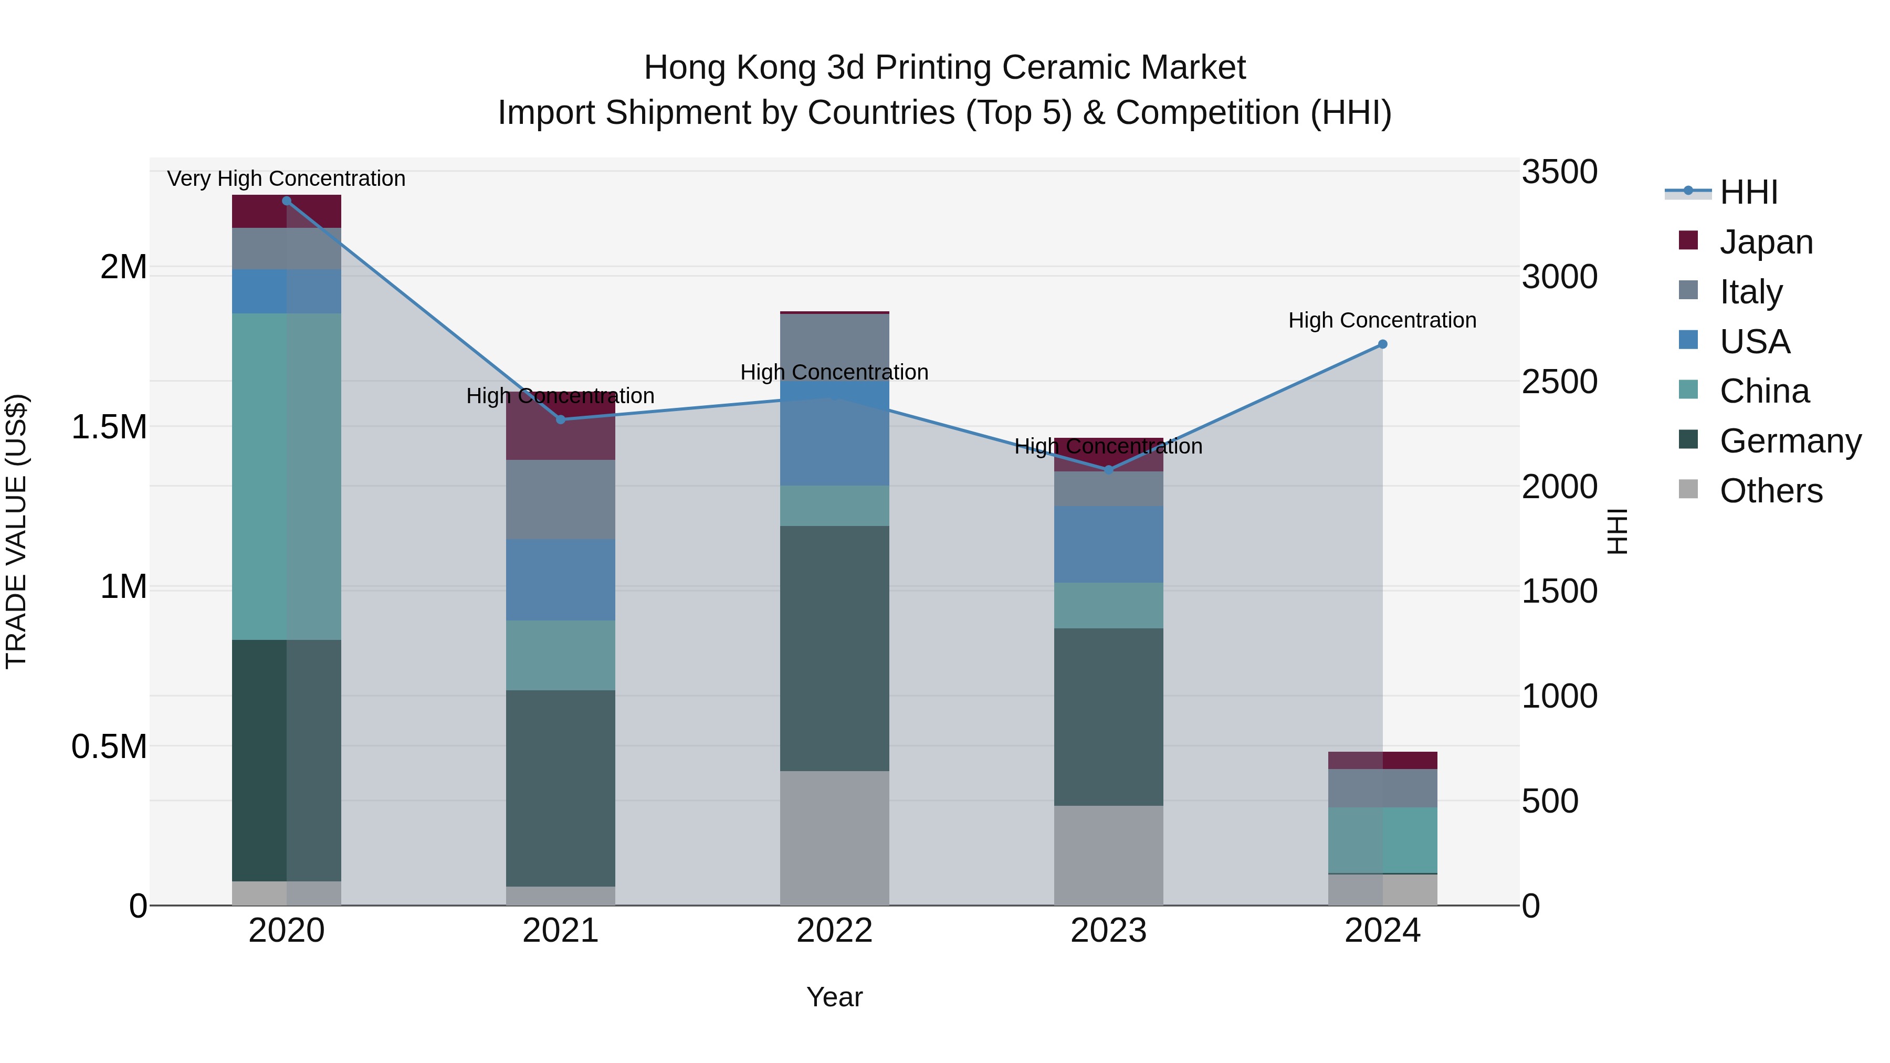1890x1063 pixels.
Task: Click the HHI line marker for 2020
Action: (x=286, y=201)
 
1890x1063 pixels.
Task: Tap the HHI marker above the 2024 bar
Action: (x=1382, y=344)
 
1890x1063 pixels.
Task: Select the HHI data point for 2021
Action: (x=561, y=419)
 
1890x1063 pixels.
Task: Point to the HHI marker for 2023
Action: (x=1109, y=469)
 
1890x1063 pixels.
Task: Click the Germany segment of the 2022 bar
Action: (x=834, y=648)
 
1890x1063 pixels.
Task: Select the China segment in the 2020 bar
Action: (x=286, y=477)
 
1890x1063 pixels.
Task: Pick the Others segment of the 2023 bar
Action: (x=1109, y=856)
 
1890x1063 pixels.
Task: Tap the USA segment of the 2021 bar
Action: (x=561, y=580)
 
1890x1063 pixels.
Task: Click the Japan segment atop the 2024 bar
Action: (x=1382, y=760)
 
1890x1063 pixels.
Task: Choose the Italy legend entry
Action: (x=1750, y=292)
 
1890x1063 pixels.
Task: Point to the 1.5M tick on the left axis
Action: (x=109, y=427)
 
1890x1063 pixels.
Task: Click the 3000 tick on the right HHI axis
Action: (x=1559, y=277)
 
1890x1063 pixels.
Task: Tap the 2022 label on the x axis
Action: (x=834, y=931)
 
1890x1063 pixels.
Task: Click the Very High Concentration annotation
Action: (x=286, y=178)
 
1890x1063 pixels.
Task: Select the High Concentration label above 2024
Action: (x=1382, y=321)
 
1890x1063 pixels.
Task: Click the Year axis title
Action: (x=834, y=997)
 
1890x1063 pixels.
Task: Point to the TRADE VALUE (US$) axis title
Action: (x=16, y=531)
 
